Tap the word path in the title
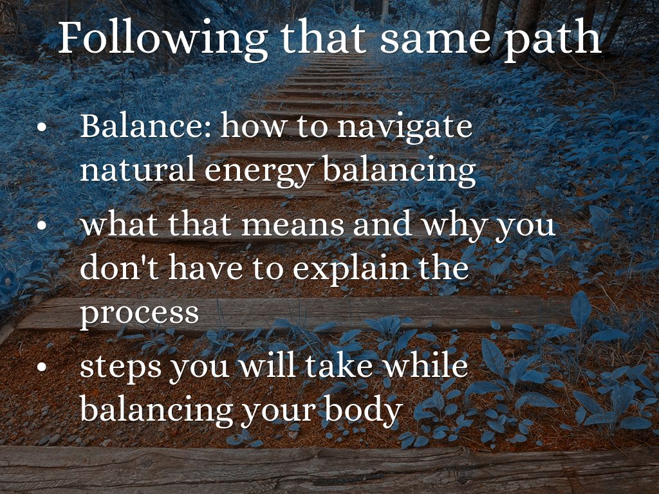[x=553, y=41]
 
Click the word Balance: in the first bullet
[x=145, y=125]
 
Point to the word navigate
[x=405, y=128]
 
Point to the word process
[x=139, y=314]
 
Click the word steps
[x=120, y=368]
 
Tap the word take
[x=339, y=365]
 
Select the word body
[x=364, y=410]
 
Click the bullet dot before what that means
[x=42, y=225]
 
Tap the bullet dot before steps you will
[x=42, y=367]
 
